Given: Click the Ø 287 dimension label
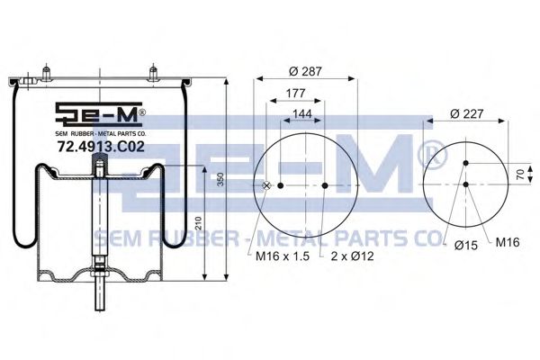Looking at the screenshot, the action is coord(305,71).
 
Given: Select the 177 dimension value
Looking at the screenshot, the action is coord(295,93).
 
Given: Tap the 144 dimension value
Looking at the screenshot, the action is coord(302,113).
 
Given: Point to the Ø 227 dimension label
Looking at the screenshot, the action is coord(467,113).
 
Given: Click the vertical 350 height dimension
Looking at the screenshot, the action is coord(221,179).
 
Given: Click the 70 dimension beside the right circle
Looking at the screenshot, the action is coord(520,175).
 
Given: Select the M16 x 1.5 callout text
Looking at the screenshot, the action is coord(283,256).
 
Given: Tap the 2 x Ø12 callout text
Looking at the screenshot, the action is coord(352,256).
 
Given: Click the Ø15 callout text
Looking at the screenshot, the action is coord(466,245).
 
